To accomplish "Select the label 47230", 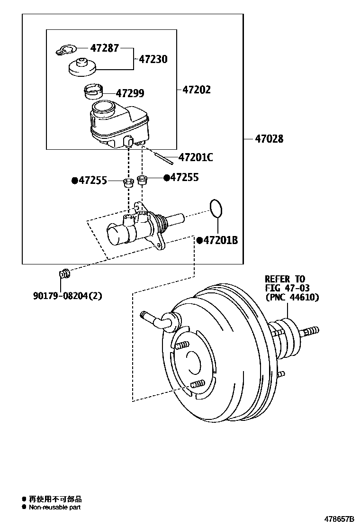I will (153, 59).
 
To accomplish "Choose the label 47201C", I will (195, 157).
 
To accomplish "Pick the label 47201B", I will (220, 241).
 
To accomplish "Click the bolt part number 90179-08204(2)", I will (67, 296).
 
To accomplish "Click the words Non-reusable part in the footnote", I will (54, 507).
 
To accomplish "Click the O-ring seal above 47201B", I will (216, 207).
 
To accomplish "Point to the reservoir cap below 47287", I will (82, 67).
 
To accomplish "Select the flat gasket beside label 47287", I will (65, 49).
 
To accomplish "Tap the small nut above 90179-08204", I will (64, 273).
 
